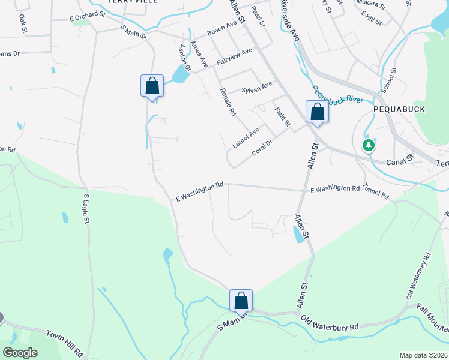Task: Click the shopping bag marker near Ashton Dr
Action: click(x=152, y=86)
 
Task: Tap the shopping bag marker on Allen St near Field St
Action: click(x=317, y=112)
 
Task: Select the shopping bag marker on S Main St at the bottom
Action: click(x=241, y=301)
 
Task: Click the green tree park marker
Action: click(x=368, y=145)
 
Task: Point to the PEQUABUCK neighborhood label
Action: click(x=394, y=110)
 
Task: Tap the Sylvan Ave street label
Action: click(x=257, y=88)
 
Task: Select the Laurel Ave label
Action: click(x=246, y=137)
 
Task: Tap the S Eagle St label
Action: click(x=86, y=209)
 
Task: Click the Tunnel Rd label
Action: click(x=376, y=192)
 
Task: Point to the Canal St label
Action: click(x=401, y=160)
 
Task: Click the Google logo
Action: click(x=20, y=353)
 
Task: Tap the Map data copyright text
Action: click(x=423, y=355)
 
